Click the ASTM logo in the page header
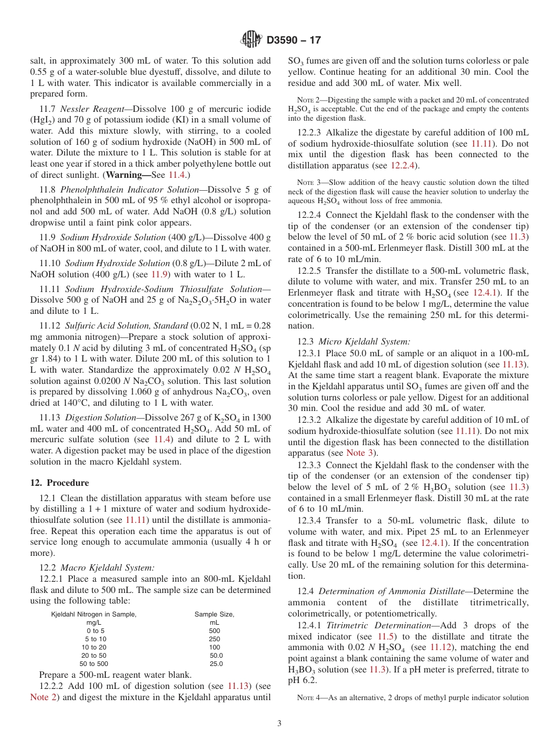coord(251,40)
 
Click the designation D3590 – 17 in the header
coord(294,40)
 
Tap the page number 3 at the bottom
coord(279,723)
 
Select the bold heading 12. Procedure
coord(59,483)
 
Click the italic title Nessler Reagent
coord(85,110)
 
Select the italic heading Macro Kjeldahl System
coord(108,568)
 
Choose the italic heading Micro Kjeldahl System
coord(364,342)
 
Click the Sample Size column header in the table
coord(214,614)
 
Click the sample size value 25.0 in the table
coord(216,664)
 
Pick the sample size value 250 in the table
coord(214,639)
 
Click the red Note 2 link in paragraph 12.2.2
coord(44,697)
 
